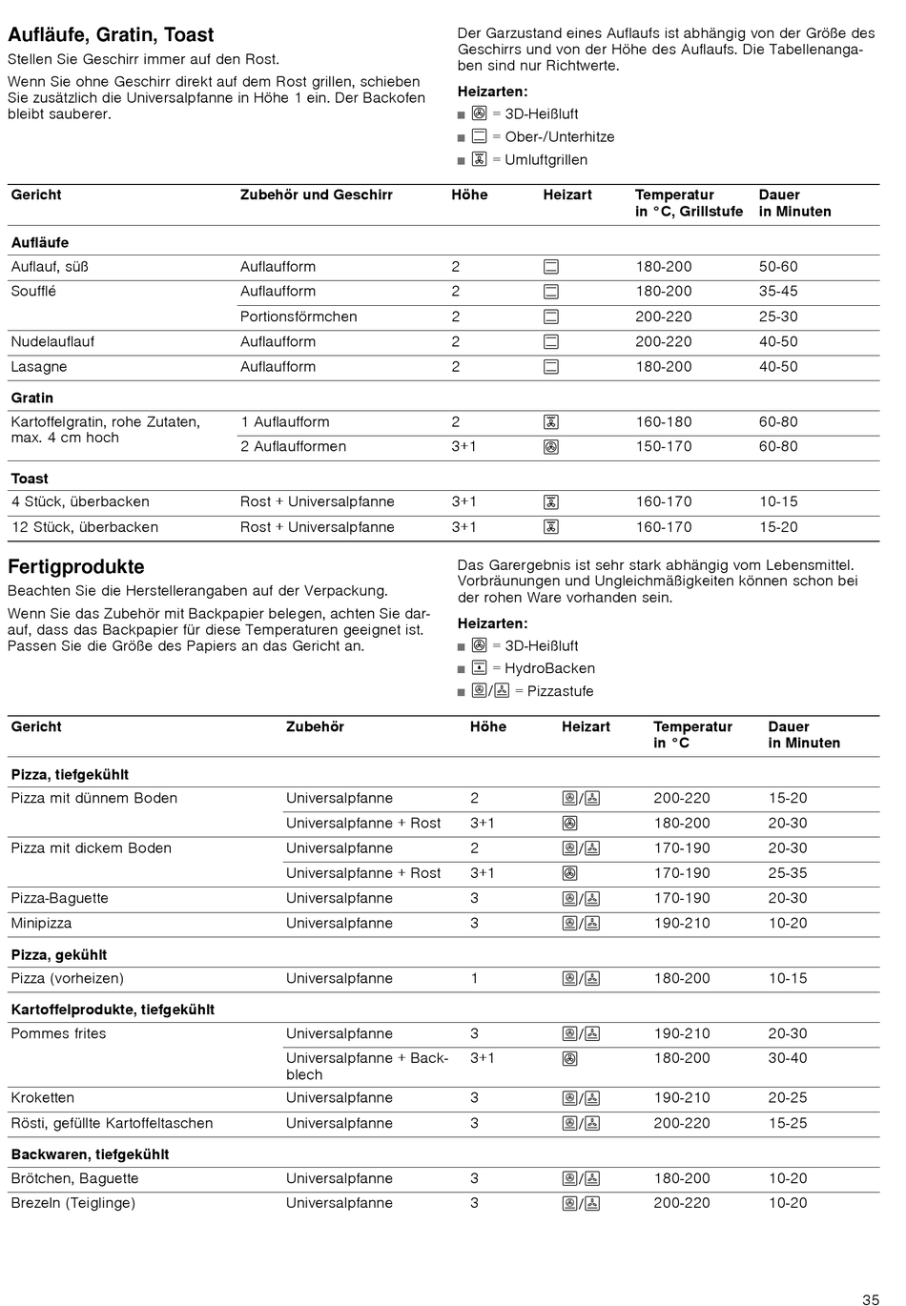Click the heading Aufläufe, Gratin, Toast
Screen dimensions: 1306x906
pos(111,35)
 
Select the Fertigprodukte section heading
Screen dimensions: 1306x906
pos(76,567)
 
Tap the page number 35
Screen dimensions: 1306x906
pos(870,1299)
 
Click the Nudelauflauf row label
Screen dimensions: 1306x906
pos(52,341)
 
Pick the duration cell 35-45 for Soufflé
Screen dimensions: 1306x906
pos(778,292)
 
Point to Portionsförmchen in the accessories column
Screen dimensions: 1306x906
pos(299,316)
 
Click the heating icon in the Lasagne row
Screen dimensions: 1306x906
pos(550,367)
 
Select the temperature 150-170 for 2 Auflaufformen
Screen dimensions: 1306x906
pos(664,446)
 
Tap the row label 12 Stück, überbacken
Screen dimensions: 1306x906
pos(84,527)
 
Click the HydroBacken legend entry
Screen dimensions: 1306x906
pos(549,668)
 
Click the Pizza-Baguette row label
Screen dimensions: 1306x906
pos(59,898)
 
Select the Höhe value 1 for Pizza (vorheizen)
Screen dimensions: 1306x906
pos(474,978)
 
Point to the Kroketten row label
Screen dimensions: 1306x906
pos(42,1098)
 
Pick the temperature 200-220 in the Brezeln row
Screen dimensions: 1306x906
pos(682,1203)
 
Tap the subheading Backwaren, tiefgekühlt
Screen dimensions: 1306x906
pos(90,1154)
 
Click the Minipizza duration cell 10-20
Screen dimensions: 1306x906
pos(788,923)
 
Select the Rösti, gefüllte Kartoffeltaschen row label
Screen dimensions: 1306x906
pos(112,1123)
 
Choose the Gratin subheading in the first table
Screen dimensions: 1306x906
pos(31,398)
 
